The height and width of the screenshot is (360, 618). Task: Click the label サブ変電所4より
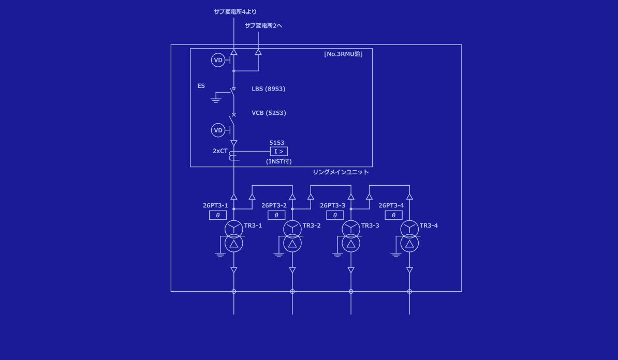coord(235,12)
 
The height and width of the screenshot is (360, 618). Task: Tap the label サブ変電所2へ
coord(263,25)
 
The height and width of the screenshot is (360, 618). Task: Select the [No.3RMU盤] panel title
coord(343,54)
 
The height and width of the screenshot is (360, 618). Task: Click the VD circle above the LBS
coord(218,61)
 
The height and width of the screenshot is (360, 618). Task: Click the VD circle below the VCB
coord(218,130)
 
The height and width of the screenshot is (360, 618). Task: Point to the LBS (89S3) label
coord(268,89)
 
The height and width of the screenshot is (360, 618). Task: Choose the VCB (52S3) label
coord(269,113)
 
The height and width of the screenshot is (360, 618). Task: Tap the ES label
coord(201,86)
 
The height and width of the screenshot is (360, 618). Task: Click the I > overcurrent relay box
coord(278,152)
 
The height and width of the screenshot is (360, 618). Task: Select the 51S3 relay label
coord(276,143)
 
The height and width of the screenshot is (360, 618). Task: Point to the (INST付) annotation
coord(279,161)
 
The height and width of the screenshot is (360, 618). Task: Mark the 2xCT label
coord(220,151)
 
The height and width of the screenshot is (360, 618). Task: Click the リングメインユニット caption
coord(341,172)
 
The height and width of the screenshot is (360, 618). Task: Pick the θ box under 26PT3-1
coord(218,215)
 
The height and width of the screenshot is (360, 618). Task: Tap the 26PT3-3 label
coord(332,206)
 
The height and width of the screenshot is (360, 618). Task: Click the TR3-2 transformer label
coord(312,226)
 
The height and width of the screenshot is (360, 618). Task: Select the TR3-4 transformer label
coord(429,226)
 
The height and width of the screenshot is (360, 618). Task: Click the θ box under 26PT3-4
coord(393,215)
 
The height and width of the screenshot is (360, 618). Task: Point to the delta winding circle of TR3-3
coord(351,243)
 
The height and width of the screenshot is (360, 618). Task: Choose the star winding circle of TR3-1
coord(233,228)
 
